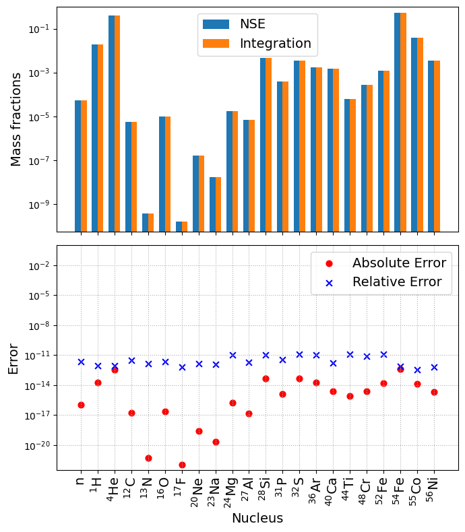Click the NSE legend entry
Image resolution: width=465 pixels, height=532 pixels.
(x=252, y=24)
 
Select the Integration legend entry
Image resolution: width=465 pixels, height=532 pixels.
(x=275, y=44)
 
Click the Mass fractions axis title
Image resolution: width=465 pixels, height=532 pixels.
(x=16, y=119)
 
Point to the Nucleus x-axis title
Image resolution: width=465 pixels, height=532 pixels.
(x=257, y=518)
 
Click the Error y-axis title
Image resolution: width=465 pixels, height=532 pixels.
(x=13, y=358)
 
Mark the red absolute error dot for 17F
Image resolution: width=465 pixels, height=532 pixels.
(x=182, y=465)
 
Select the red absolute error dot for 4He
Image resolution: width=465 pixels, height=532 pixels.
(x=115, y=370)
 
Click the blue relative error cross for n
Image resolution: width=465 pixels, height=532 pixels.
(x=81, y=362)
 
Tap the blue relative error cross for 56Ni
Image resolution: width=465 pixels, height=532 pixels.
(x=434, y=367)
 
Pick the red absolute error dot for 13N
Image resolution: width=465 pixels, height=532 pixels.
(x=148, y=458)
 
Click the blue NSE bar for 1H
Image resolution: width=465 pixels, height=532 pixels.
(x=95, y=138)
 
